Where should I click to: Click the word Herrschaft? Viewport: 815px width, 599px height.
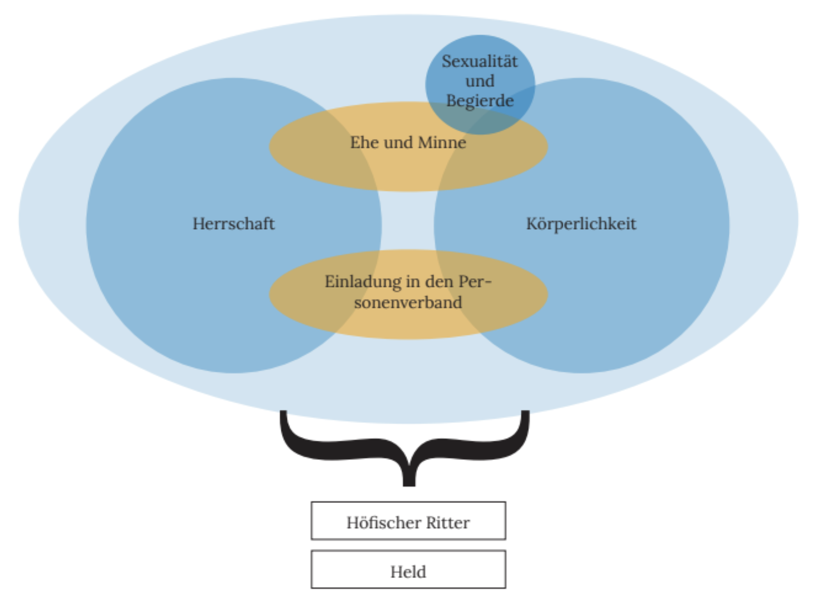pyautogui.click(x=234, y=224)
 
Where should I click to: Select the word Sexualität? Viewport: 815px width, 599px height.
pyautogui.click(x=480, y=62)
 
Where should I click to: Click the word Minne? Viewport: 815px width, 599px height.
pyautogui.click(x=442, y=143)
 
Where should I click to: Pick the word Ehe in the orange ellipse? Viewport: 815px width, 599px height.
pyautogui.click(x=364, y=143)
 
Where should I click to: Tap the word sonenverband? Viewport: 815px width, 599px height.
pyautogui.click(x=408, y=303)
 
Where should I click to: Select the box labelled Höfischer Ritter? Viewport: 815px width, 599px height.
pyautogui.click(x=408, y=521)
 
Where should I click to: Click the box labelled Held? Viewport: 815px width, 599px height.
pyautogui.click(x=408, y=569)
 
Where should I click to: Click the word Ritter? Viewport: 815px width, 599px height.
pyautogui.click(x=448, y=523)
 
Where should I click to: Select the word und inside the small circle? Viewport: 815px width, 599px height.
pyautogui.click(x=480, y=81)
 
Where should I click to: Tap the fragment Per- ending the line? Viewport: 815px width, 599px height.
pyautogui.click(x=475, y=282)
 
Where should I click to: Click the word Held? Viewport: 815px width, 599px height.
pyautogui.click(x=408, y=572)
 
